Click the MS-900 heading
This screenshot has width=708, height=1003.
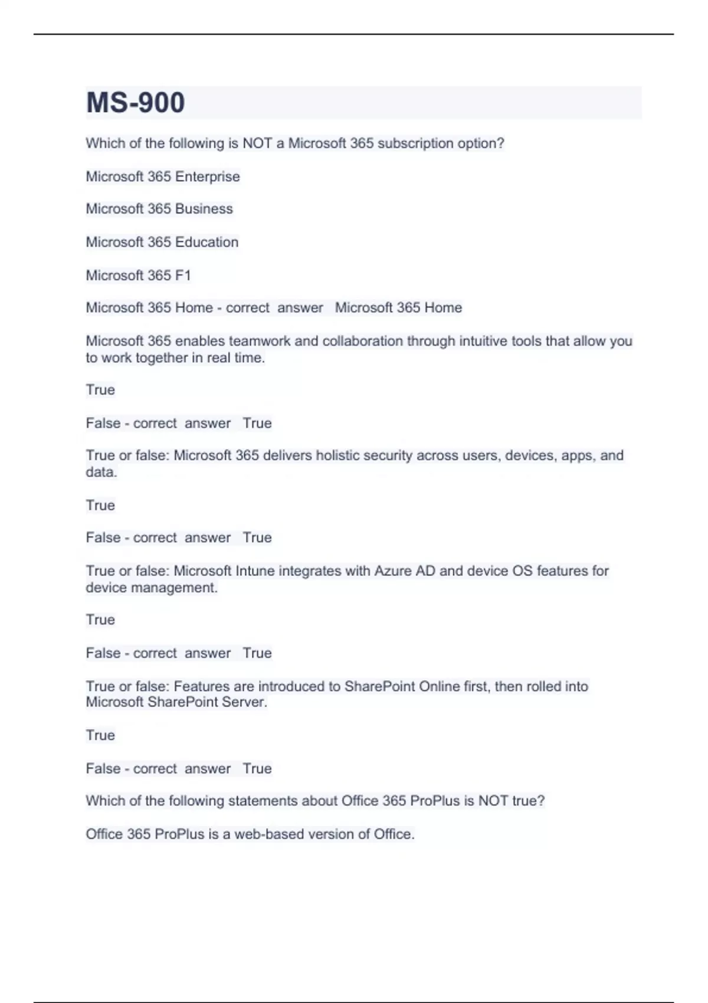click(x=136, y=103)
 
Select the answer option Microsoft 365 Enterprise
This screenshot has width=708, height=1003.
click(x=163, y=176)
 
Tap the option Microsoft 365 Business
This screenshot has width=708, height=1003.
click(x=159, y=209)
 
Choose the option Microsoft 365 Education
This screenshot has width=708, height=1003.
click(x=162, y=242)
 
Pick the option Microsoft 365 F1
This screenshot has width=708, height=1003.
click(x=139, y=275)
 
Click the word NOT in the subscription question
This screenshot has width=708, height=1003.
click(x=257, y=143)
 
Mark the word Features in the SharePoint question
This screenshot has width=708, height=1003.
click(x=201, y=686)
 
